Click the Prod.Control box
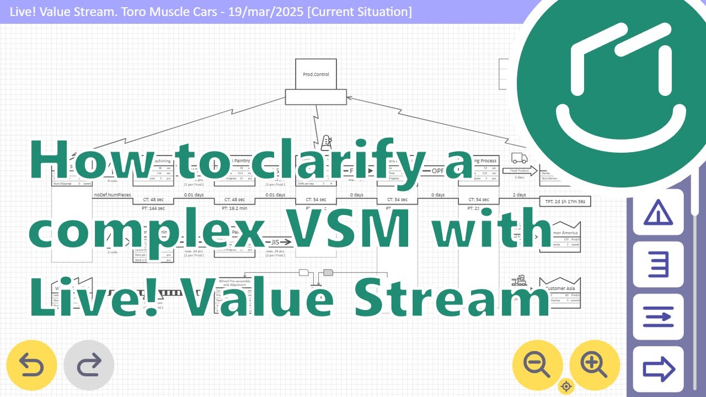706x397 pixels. pyautogui.click(x=316, y=74)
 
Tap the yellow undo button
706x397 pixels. pyautogui.click(x=31, y=365)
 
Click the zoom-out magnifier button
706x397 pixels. pyautogui.click(x=537, y=364)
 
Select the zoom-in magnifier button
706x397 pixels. pyautogui.click(x=595, y=364)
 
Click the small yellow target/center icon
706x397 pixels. pyautogui.click(x=566, y=387)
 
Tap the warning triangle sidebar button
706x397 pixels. pyautogui.click(x=658, y=212)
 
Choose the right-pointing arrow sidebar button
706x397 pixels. pyautogui.click(x=658, y=369)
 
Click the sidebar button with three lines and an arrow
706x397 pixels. pyautogui.click(x=658, y=316)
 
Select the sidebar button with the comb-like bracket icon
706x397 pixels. pyautogui.click(x=658, y=265)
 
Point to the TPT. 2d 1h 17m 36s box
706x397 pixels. pyautogui.click(x=565, y=201)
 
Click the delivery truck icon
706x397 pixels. pyautogui.click(x=519, y=158)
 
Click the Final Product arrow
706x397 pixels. pyautogui.click(x=519, y=171)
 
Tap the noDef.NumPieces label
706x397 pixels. pyautogui.click(x=113, y=195)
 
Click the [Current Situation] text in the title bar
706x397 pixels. pyautogui.click(x=360, y=12)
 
